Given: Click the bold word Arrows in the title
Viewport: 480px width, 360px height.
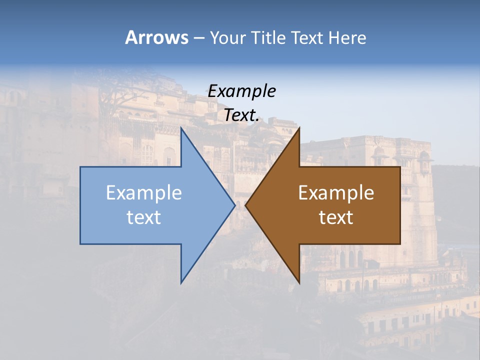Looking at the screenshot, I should click(156, 37).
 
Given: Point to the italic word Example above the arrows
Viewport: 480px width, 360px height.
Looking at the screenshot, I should click(241, 91).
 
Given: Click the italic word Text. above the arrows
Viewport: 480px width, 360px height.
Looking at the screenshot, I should click(241, 115).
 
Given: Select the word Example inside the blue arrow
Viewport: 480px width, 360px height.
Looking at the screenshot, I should click(144, 193).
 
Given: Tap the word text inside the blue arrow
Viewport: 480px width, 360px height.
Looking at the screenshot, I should click(144, 217).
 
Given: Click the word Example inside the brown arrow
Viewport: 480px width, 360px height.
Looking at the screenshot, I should click(336, 193).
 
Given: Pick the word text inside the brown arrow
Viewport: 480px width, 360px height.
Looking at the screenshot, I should click(336, 217).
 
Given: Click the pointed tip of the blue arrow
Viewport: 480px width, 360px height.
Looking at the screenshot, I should click(234, 205).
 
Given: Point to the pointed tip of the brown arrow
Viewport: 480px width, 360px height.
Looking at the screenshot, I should click(245, 205).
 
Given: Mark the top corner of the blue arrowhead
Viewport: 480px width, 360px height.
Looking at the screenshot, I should click(181, 127).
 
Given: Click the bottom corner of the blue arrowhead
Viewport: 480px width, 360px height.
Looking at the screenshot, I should click(181, 283).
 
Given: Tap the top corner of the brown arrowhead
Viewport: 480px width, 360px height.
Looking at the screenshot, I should click(299, 127).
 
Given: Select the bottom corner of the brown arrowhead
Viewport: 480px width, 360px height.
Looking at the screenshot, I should click(299, 283).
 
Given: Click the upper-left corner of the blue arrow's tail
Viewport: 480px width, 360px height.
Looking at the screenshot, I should click(80, 167).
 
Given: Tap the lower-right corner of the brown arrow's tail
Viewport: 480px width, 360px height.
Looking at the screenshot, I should click(400, 244).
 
